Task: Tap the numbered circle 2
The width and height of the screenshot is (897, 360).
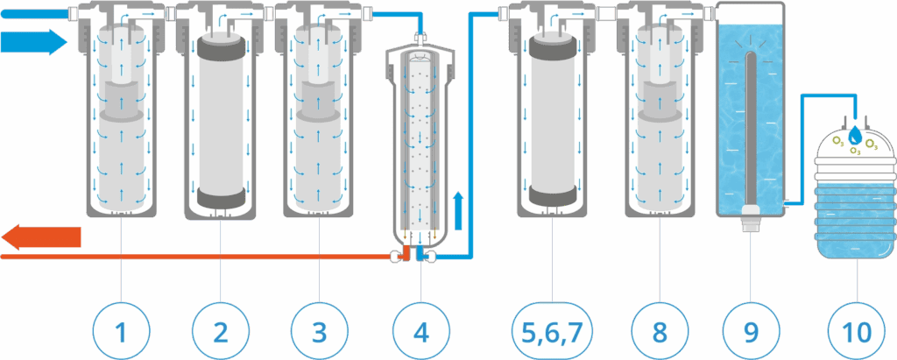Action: pos(220,331)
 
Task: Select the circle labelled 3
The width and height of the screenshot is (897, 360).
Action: pos(319,331)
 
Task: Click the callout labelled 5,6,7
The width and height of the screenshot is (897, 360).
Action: pos(553,331)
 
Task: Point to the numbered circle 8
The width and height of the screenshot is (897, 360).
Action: pos(659,331)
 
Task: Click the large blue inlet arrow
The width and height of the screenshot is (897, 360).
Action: pos(35,41)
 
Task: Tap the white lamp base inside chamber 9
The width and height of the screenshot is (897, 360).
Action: pos(751,215)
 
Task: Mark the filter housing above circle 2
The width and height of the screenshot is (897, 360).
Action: pos(220,114)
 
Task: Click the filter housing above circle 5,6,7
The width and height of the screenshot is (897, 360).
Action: pos(553,114)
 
